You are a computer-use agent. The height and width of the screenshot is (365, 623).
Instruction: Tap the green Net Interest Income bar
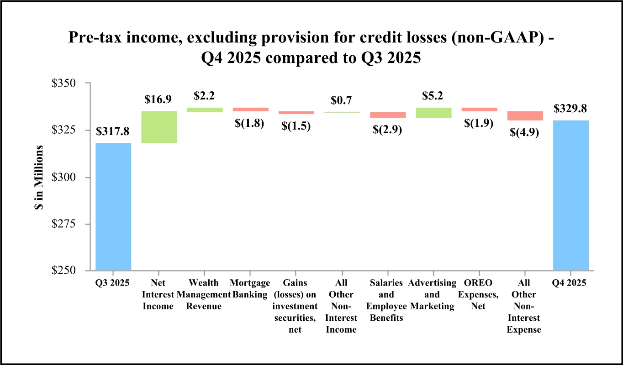(x=159, y=127)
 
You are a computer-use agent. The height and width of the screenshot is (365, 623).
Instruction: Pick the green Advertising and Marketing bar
(x=433, y=113)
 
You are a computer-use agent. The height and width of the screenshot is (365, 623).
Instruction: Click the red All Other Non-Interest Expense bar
(x=525, y=116)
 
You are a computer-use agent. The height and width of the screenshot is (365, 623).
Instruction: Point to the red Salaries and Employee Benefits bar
(x=388, y=115)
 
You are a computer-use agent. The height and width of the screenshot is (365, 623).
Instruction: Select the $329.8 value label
(x=570, y=109)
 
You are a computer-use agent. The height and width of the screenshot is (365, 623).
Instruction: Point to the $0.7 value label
(x=341, y=100)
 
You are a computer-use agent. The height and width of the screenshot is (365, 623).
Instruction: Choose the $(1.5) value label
(x=295, y=126)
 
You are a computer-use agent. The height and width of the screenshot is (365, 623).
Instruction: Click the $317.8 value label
(x=113, y=132)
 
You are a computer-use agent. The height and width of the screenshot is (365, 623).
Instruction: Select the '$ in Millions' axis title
(x=40, y=177)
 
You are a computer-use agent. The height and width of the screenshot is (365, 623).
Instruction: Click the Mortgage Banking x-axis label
(x=250, y=289)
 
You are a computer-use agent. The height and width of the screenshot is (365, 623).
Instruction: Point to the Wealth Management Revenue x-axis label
(x=204, y=295)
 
